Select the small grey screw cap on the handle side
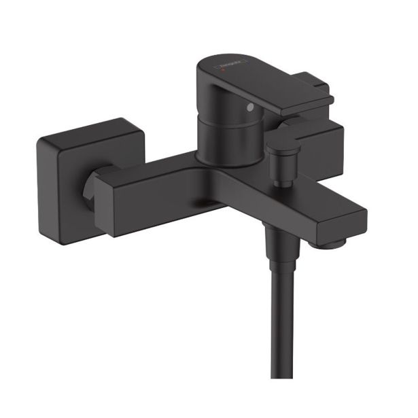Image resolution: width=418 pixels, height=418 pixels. tap(251, 108)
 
